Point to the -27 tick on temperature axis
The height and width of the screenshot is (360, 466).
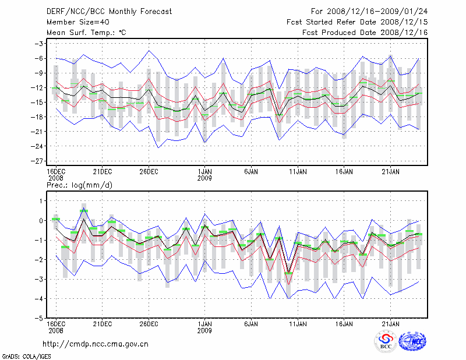click(39, 161)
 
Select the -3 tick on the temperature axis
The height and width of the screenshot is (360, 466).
click(41, 44)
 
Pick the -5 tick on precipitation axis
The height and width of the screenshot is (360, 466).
click(41, 319)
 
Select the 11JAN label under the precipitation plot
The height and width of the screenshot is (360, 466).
click(298, 323)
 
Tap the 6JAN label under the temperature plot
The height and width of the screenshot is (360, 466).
click(251, 172)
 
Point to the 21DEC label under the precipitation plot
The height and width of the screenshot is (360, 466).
click(102, 323)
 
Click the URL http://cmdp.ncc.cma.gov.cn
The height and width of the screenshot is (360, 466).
click(96, 344)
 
